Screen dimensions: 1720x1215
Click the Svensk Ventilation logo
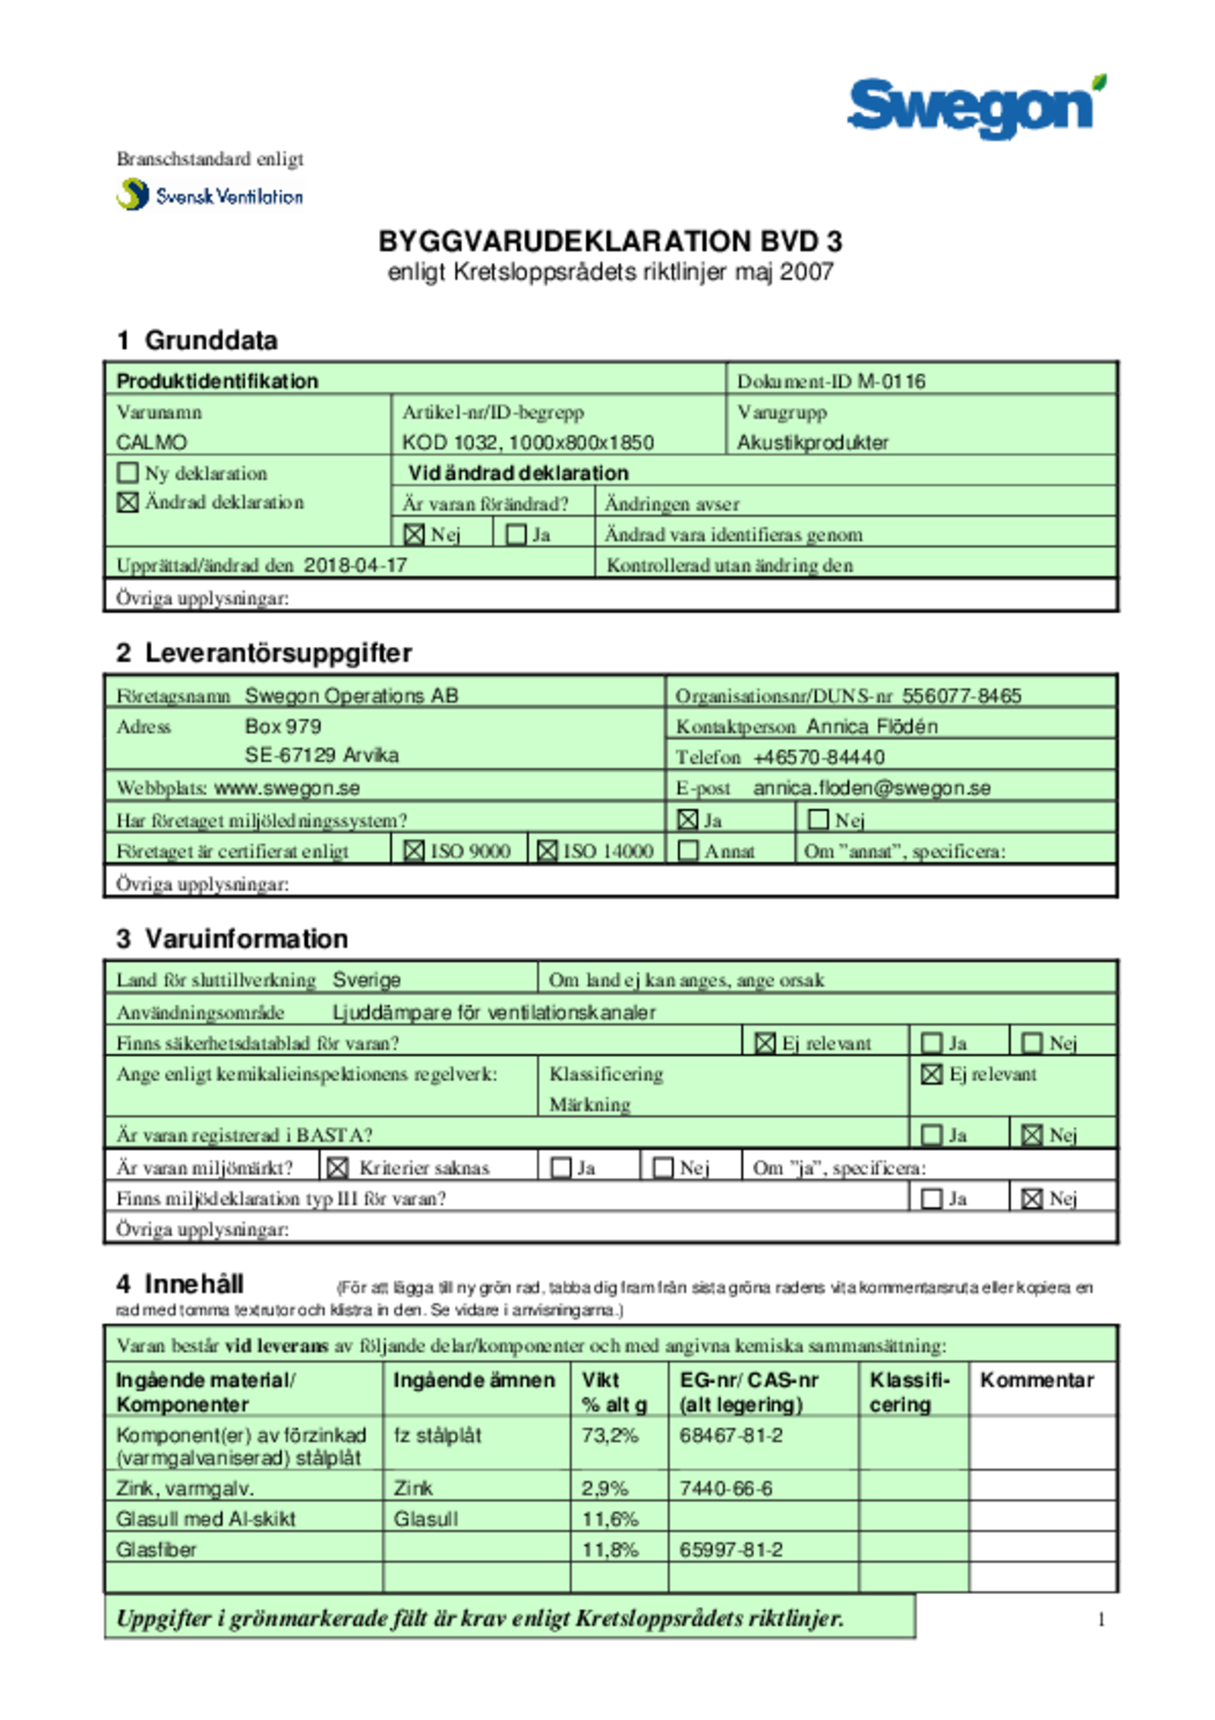tap(210, 195)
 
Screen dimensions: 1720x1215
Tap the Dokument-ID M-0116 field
tap(832, 381)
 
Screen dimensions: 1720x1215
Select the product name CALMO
tap(152, 442)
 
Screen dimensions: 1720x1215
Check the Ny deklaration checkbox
tap(128, 473)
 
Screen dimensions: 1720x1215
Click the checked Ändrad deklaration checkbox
tap(128, 502)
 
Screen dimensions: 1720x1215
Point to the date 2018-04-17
tap(355, 565)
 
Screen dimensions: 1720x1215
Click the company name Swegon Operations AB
tap(352, 696)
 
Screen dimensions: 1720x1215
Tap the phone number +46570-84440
tap(819, 757)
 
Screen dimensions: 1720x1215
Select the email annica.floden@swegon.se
tap(872, 788)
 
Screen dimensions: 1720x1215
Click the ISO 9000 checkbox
tap(414, 851)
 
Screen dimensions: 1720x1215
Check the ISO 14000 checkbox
tap(547, 851)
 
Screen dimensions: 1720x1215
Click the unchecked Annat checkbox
tap(688, 851)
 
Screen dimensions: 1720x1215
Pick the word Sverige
tap(367, 980)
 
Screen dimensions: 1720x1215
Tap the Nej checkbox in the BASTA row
tap(1032, 1135)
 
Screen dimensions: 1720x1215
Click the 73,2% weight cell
tap(611, 1435)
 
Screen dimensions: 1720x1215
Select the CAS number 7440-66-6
tap(726, 1488)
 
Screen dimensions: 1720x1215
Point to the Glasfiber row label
tap(156, 1549)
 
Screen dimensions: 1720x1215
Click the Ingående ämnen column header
tap(474, 1380)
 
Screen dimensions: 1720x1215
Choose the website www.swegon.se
tap(287, 788)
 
